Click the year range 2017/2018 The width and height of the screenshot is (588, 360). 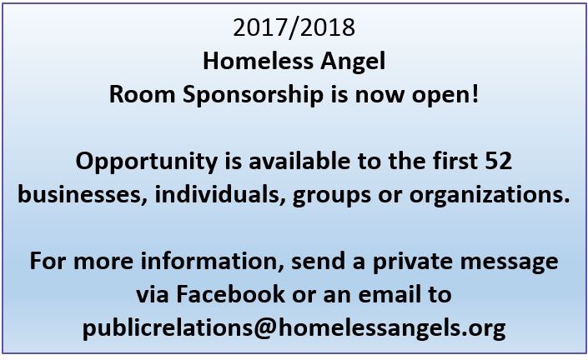294,27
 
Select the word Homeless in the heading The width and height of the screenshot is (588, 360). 259,61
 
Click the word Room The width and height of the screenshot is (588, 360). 142,94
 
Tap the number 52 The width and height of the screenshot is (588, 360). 499,161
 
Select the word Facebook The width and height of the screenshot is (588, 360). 230,294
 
